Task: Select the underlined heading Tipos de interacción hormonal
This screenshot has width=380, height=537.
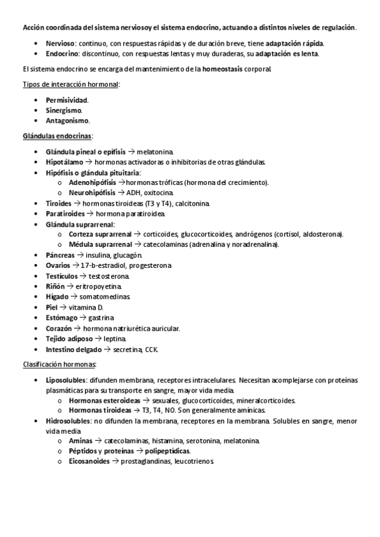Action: coord(70,84)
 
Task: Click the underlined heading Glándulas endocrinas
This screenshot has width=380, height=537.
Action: coord(57,136)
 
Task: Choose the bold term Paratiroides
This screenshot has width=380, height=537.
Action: coord(65,213)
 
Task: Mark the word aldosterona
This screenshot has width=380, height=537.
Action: coord(320,234)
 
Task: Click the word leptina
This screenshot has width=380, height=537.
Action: coord(115,338)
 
